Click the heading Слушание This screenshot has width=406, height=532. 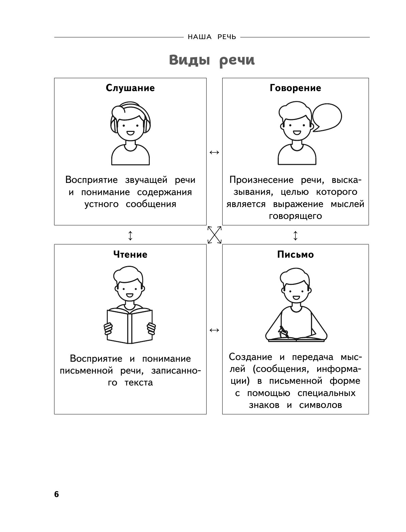130,88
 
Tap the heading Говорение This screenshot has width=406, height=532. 295,88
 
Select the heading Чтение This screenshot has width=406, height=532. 130,254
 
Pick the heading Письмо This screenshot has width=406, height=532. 295,254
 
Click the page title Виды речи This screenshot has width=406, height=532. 212,60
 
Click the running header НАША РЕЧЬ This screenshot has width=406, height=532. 212,37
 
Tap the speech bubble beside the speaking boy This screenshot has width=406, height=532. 327,117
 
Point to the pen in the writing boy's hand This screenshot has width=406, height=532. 283,331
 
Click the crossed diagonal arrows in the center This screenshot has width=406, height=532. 214,235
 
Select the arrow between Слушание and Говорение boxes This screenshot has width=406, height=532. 214,152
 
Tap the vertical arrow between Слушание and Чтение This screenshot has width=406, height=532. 130,235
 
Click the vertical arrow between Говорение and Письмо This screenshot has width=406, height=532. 295,235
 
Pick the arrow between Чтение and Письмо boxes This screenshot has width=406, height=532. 214,330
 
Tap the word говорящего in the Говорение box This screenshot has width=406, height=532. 295,216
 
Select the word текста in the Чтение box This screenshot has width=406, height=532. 139,383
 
